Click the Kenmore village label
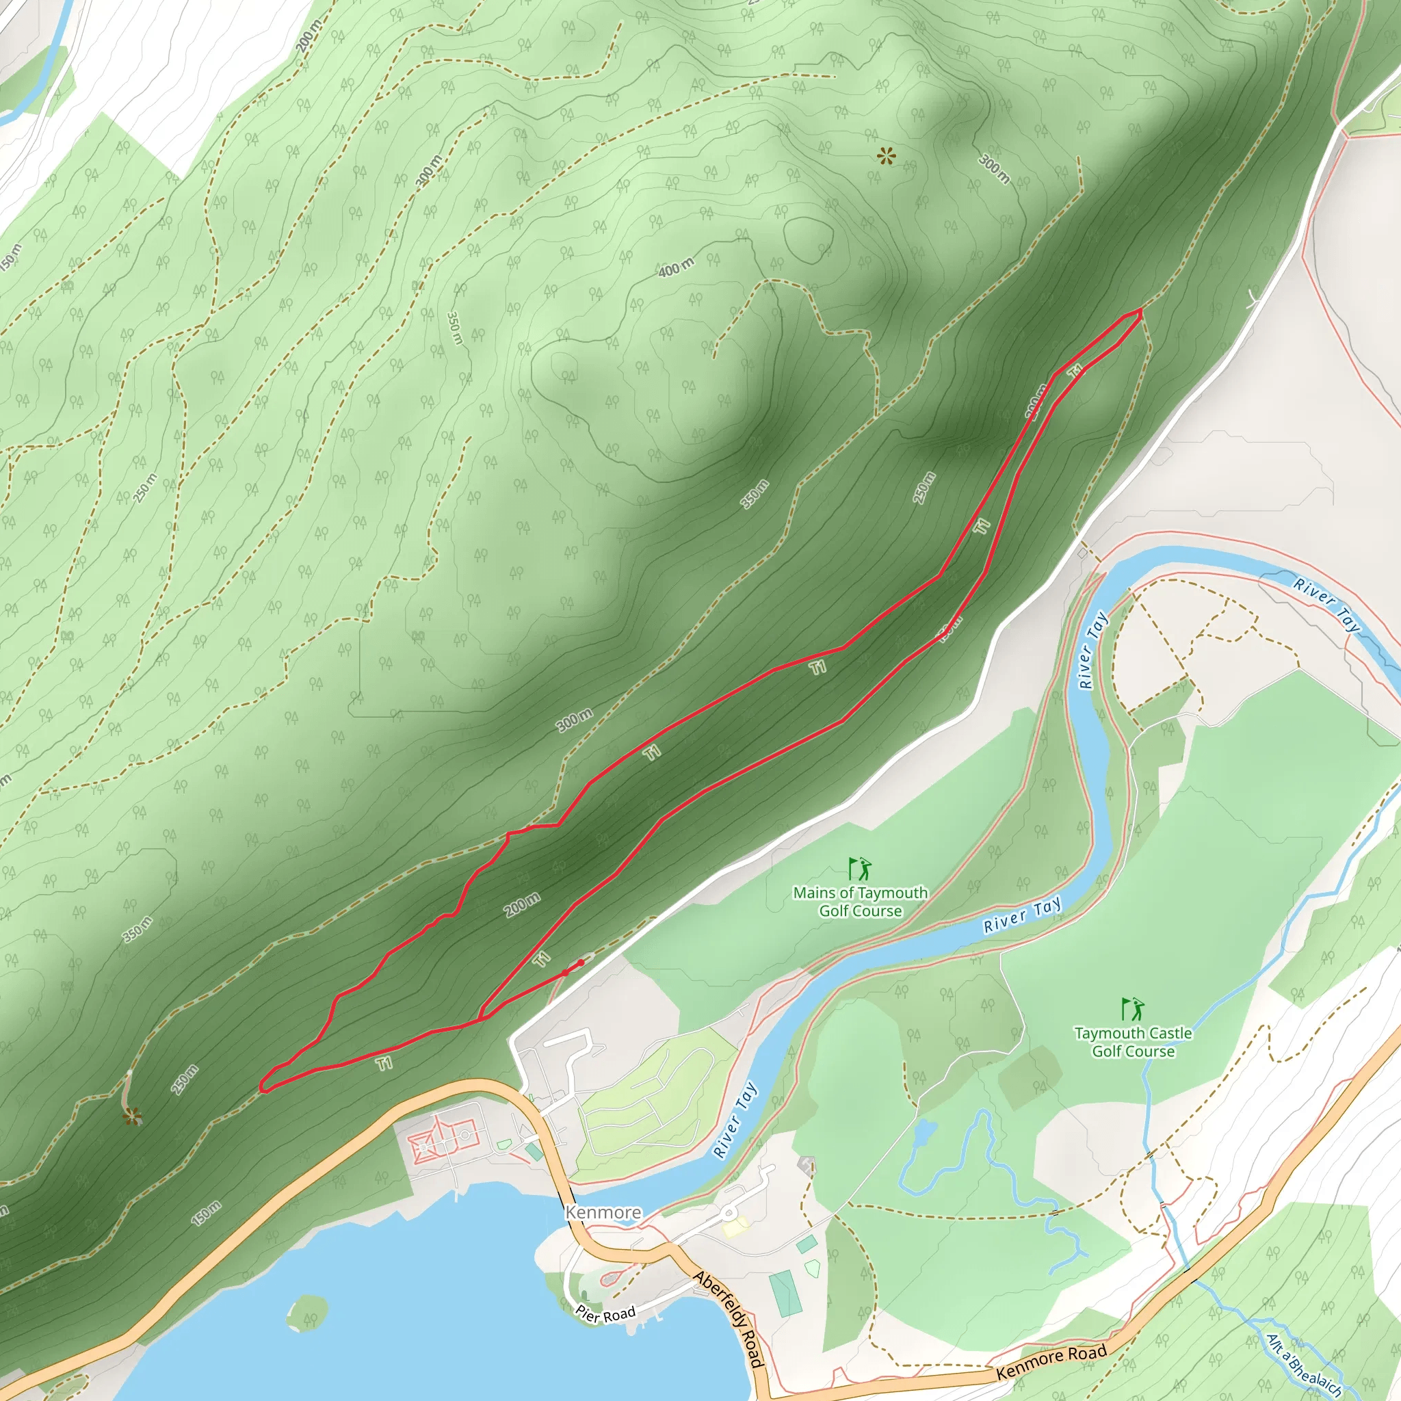click(x=603, y=1212)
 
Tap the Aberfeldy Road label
click(x=729, y=1318)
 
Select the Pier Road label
click(x=605, y=1314)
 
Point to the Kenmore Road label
click(x=1051, y=1363)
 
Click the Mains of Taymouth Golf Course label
click(x=860, y=902)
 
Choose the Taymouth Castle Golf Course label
click(x=1133, y=1041)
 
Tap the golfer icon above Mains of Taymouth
click(x=860, y=868)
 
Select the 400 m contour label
click(x=676, y=267)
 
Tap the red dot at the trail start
click(x=581, y=963)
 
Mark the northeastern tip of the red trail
click(x=1140, y=311)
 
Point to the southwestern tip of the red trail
click(x=263, y=1087)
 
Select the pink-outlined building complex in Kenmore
click(x=442, y=1144)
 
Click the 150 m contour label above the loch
click(x=206, y=1213)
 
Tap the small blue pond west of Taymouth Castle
click(x=925, y=1132)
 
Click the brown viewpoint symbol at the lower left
click(x=131, y=1118)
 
